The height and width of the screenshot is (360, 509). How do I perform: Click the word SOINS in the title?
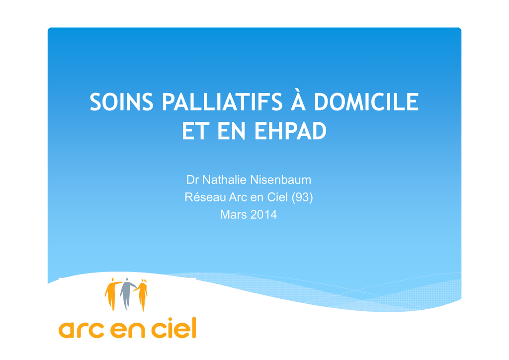(x=121, y=102)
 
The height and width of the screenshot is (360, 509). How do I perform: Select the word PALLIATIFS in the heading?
(x=222, y=102)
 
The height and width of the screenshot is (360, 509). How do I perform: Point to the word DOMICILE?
(x=366, y=102)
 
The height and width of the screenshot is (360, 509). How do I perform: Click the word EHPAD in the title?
(x=290, y=131)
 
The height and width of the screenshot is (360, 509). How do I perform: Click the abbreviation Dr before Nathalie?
(x=192, y=180)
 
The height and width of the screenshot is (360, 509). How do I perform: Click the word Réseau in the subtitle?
(x=205, y=197)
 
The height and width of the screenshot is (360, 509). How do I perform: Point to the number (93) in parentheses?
(x=302, y=197)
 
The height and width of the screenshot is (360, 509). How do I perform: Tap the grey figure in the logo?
(x=126, y=293)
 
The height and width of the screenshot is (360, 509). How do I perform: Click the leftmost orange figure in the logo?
(x=111, y=294)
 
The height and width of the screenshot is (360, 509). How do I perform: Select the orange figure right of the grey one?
(x=142, y=294)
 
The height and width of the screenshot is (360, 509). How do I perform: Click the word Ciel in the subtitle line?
(x=277, y=197)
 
